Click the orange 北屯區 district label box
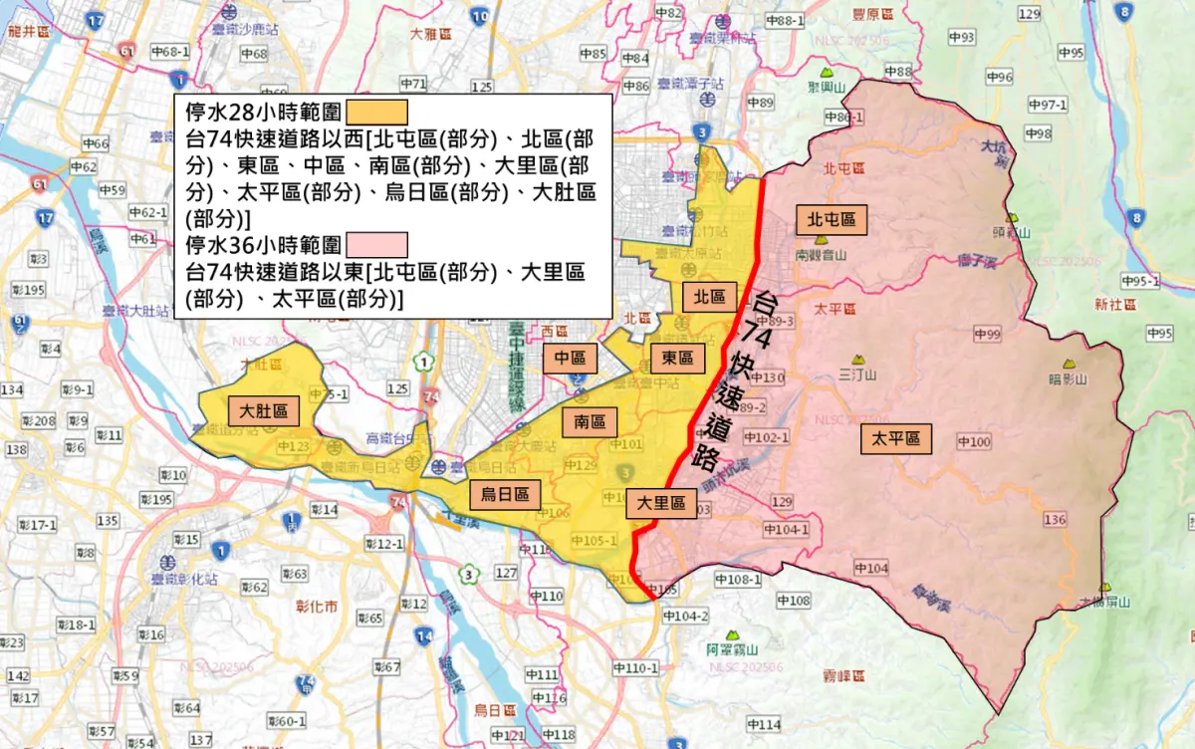point(832,220)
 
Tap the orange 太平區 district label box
point(896,438)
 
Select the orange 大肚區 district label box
point(263,410)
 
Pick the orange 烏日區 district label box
point(505,493)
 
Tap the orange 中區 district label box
point(570,358)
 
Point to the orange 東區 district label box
point(677,358)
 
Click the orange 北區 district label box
point(709,296)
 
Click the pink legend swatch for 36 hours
point(376,244)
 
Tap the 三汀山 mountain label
point(856,375)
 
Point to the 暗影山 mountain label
point(1069,378)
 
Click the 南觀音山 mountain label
point(821,255)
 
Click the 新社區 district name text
point(1113,304)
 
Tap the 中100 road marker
point(974,441)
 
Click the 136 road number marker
point(1055,519)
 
